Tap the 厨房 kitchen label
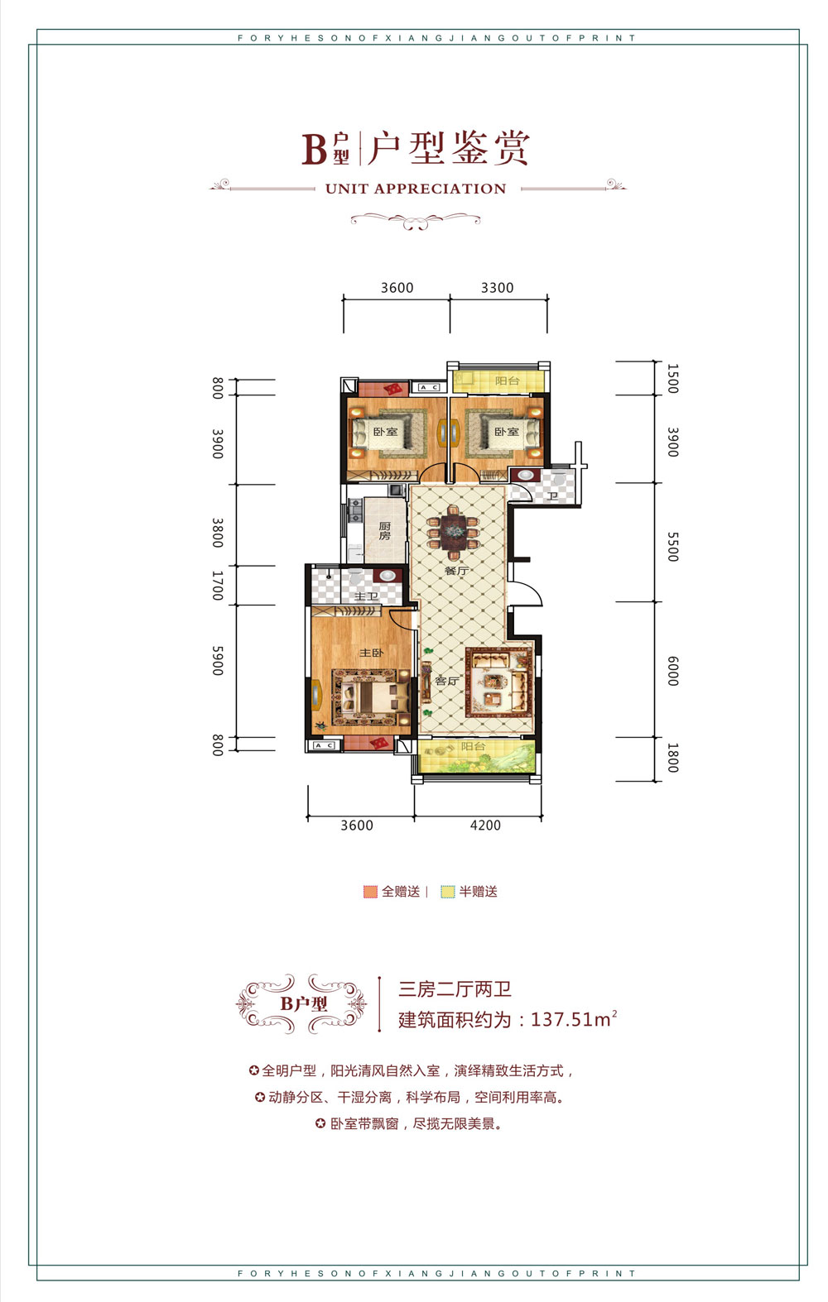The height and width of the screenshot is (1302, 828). (385, 531)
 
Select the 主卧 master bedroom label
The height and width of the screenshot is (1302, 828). (371, 653)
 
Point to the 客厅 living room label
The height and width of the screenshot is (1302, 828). (446, 681)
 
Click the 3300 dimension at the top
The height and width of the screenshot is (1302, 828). (497, 288)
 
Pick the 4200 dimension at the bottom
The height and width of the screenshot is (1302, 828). (485, 825)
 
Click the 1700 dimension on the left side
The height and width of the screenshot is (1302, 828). (217, 585)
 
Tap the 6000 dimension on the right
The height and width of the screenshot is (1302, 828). (672, 670)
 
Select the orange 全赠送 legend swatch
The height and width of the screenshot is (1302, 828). (370, 892)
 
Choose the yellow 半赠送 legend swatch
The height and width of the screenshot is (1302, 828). (448, 892)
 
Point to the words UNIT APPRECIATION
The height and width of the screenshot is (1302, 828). (416, 189)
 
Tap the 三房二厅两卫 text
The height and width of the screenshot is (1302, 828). (455, 989)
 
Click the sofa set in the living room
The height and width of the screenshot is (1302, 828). (498, 681)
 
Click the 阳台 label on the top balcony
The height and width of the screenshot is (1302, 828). (507, 381)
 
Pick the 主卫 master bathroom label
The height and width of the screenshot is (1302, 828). (366, 596)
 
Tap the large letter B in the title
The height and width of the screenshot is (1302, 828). (315, 149)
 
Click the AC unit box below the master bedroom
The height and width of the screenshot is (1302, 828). (323, 745)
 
